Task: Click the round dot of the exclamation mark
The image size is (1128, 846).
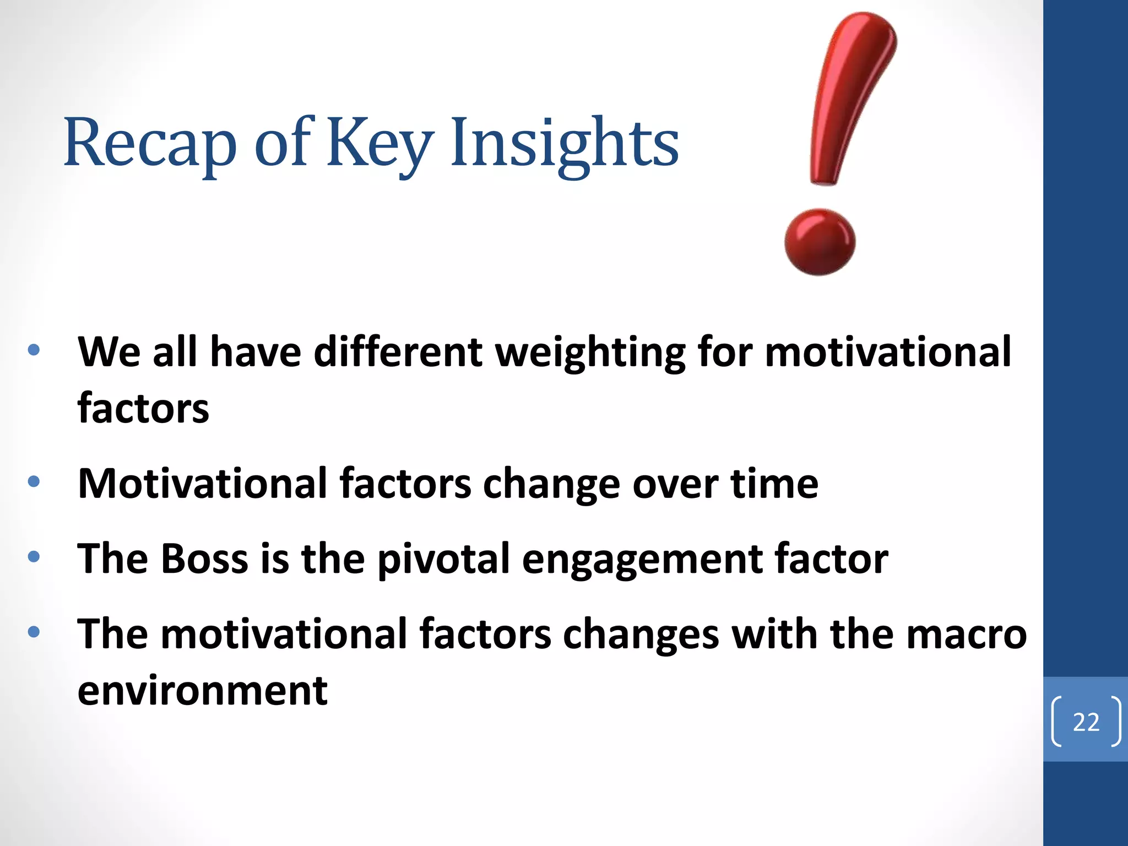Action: pos(820,242)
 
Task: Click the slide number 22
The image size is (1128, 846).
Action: pos(1086,722)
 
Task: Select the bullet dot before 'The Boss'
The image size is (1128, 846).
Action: pos(34,556)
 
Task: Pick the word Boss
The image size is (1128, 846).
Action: pos(204,558)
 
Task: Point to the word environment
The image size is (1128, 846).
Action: pos(202,690)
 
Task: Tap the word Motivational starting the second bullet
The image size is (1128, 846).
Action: pos(202,484)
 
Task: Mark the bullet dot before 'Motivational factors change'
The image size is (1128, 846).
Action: pos(34,481)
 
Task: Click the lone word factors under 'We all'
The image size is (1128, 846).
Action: pos(143,409)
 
